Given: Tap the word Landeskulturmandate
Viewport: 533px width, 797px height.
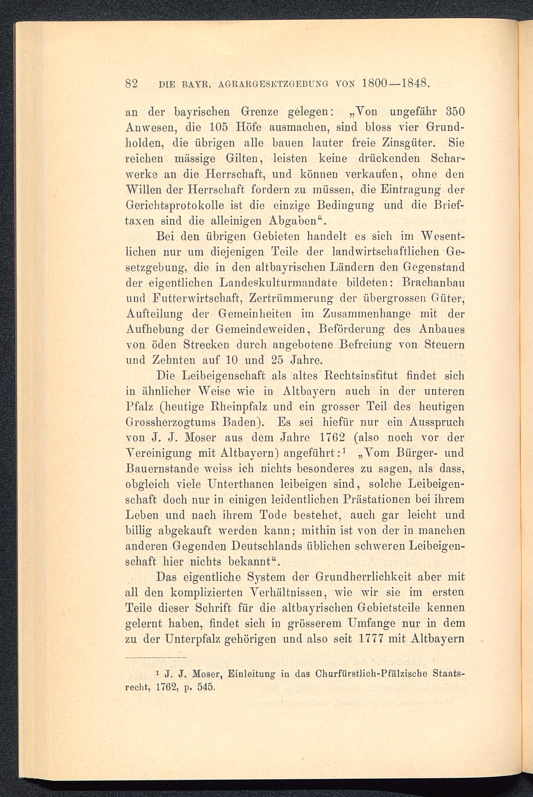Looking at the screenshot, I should [279, 283].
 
